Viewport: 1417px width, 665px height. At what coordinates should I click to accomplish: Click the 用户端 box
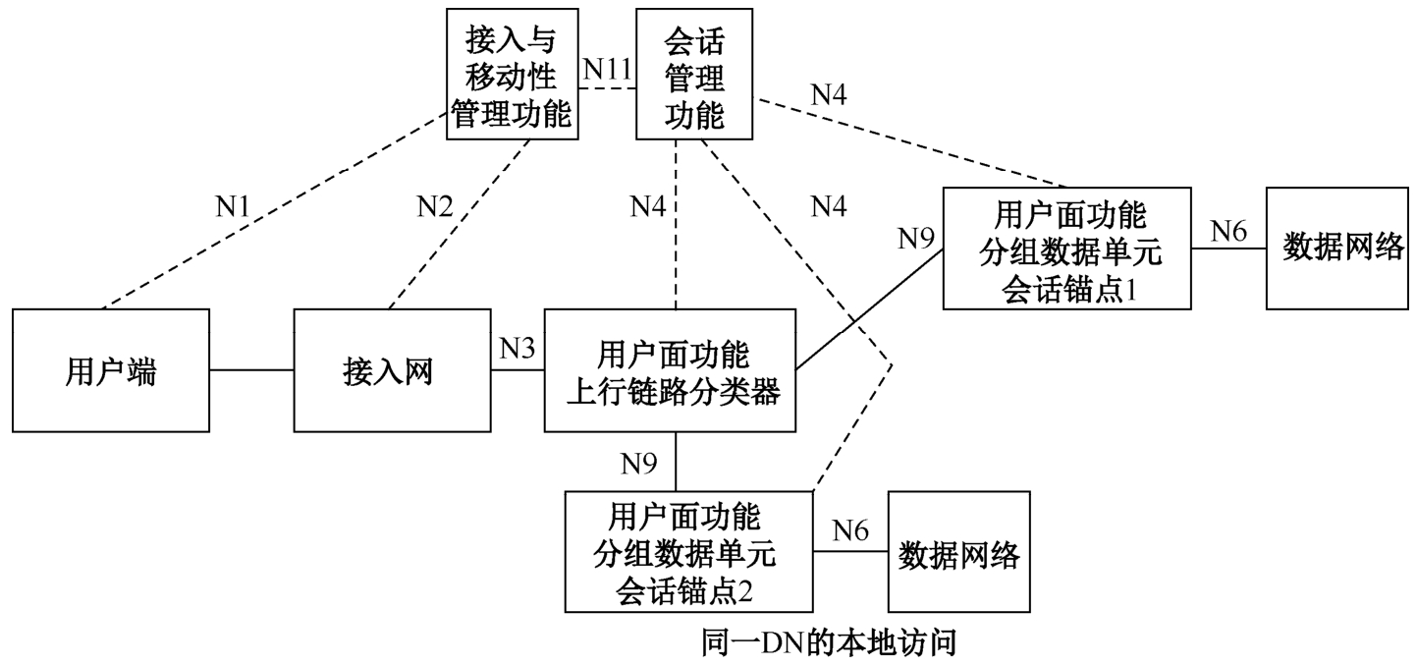click(x=111, y=370)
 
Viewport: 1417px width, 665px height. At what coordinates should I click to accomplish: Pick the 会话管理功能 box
click(x=694, y=76)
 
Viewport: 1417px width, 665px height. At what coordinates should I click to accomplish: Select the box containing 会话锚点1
click(x=1066, y=248)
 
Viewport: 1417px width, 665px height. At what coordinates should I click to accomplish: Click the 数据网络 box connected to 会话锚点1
click(x=1342, y=248)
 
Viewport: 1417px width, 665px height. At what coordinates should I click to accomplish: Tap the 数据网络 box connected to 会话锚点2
click(x=959, y=553)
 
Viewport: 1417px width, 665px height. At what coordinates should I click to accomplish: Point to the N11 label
click(x=605, y=69)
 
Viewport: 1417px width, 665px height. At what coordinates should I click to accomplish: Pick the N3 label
click(x=518, y=349)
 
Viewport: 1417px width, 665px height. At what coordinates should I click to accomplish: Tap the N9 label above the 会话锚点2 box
click(x=639, y=462)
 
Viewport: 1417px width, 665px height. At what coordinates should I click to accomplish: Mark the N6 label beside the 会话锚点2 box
click(x=850, y=530)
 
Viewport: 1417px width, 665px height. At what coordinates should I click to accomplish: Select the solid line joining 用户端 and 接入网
click(x=252, y=370)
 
